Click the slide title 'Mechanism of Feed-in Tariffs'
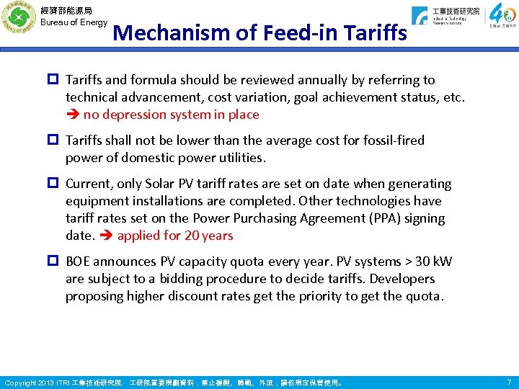click(x=260, y=33)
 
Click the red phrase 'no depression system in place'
click(x=172, y=115)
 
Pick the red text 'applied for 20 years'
click(x=175, y=236)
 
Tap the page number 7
click(x=509, y=381)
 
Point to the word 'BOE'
click(x=81, y=261)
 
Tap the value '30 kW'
click(x=431, y=261)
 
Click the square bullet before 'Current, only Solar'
click(x=56, y=184)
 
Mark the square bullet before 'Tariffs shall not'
click(x=56, y=140)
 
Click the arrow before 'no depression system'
click(x=73, y=115)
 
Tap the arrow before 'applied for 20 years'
click(x=107, y=236)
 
